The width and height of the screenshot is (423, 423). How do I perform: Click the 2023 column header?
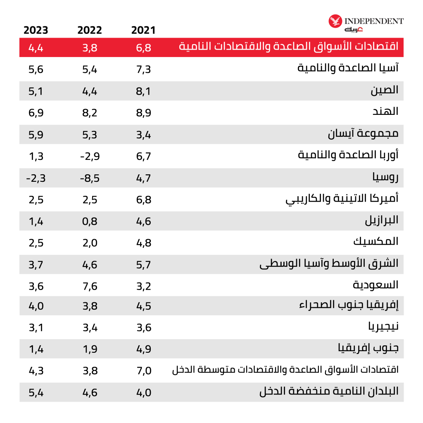[x=36, y=30]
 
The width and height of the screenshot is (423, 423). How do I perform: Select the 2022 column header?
[x=90, y=30]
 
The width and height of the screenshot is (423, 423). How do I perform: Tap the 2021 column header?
[x=143, y=30]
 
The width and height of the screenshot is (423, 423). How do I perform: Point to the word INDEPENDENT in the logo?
[x=373, y=21]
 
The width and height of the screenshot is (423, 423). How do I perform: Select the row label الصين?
[x=385, y=90]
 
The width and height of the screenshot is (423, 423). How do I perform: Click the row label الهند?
[x=385, y=112]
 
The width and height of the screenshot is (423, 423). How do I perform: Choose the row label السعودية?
[x=376, y=285]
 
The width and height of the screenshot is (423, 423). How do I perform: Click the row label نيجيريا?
[x=383, y=328]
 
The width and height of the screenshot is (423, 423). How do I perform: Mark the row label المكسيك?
[x=376, y=242]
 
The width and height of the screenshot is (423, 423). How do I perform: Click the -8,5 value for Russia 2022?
[x=90, y=178]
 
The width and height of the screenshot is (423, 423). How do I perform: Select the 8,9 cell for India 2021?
[x=144, y=112]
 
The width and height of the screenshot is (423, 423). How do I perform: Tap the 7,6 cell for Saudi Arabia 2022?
[x=90, y=285]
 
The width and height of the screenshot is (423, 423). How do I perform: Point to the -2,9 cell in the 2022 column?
[x=90, y=156]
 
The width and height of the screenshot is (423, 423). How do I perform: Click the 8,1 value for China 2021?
[x=144, y=90]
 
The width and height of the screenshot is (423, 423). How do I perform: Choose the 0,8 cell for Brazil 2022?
[x=90, y=221]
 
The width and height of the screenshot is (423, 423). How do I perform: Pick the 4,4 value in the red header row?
[x=36, y=48]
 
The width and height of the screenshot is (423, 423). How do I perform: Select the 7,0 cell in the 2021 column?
[x=144, y=371]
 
